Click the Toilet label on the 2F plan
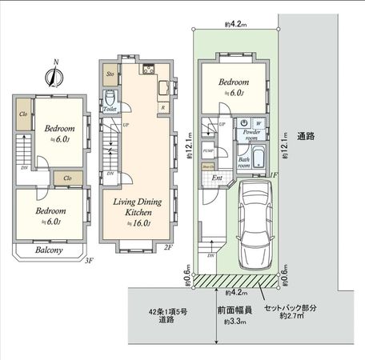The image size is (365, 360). [x=110, y=109]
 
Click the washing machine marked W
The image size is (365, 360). [x=258, y=122]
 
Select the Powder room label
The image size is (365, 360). [x=252, y=135]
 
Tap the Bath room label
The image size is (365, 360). [x=244, y=162]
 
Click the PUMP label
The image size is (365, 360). [x=207, y=150]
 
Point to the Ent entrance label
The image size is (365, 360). [x=218, y=177]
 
